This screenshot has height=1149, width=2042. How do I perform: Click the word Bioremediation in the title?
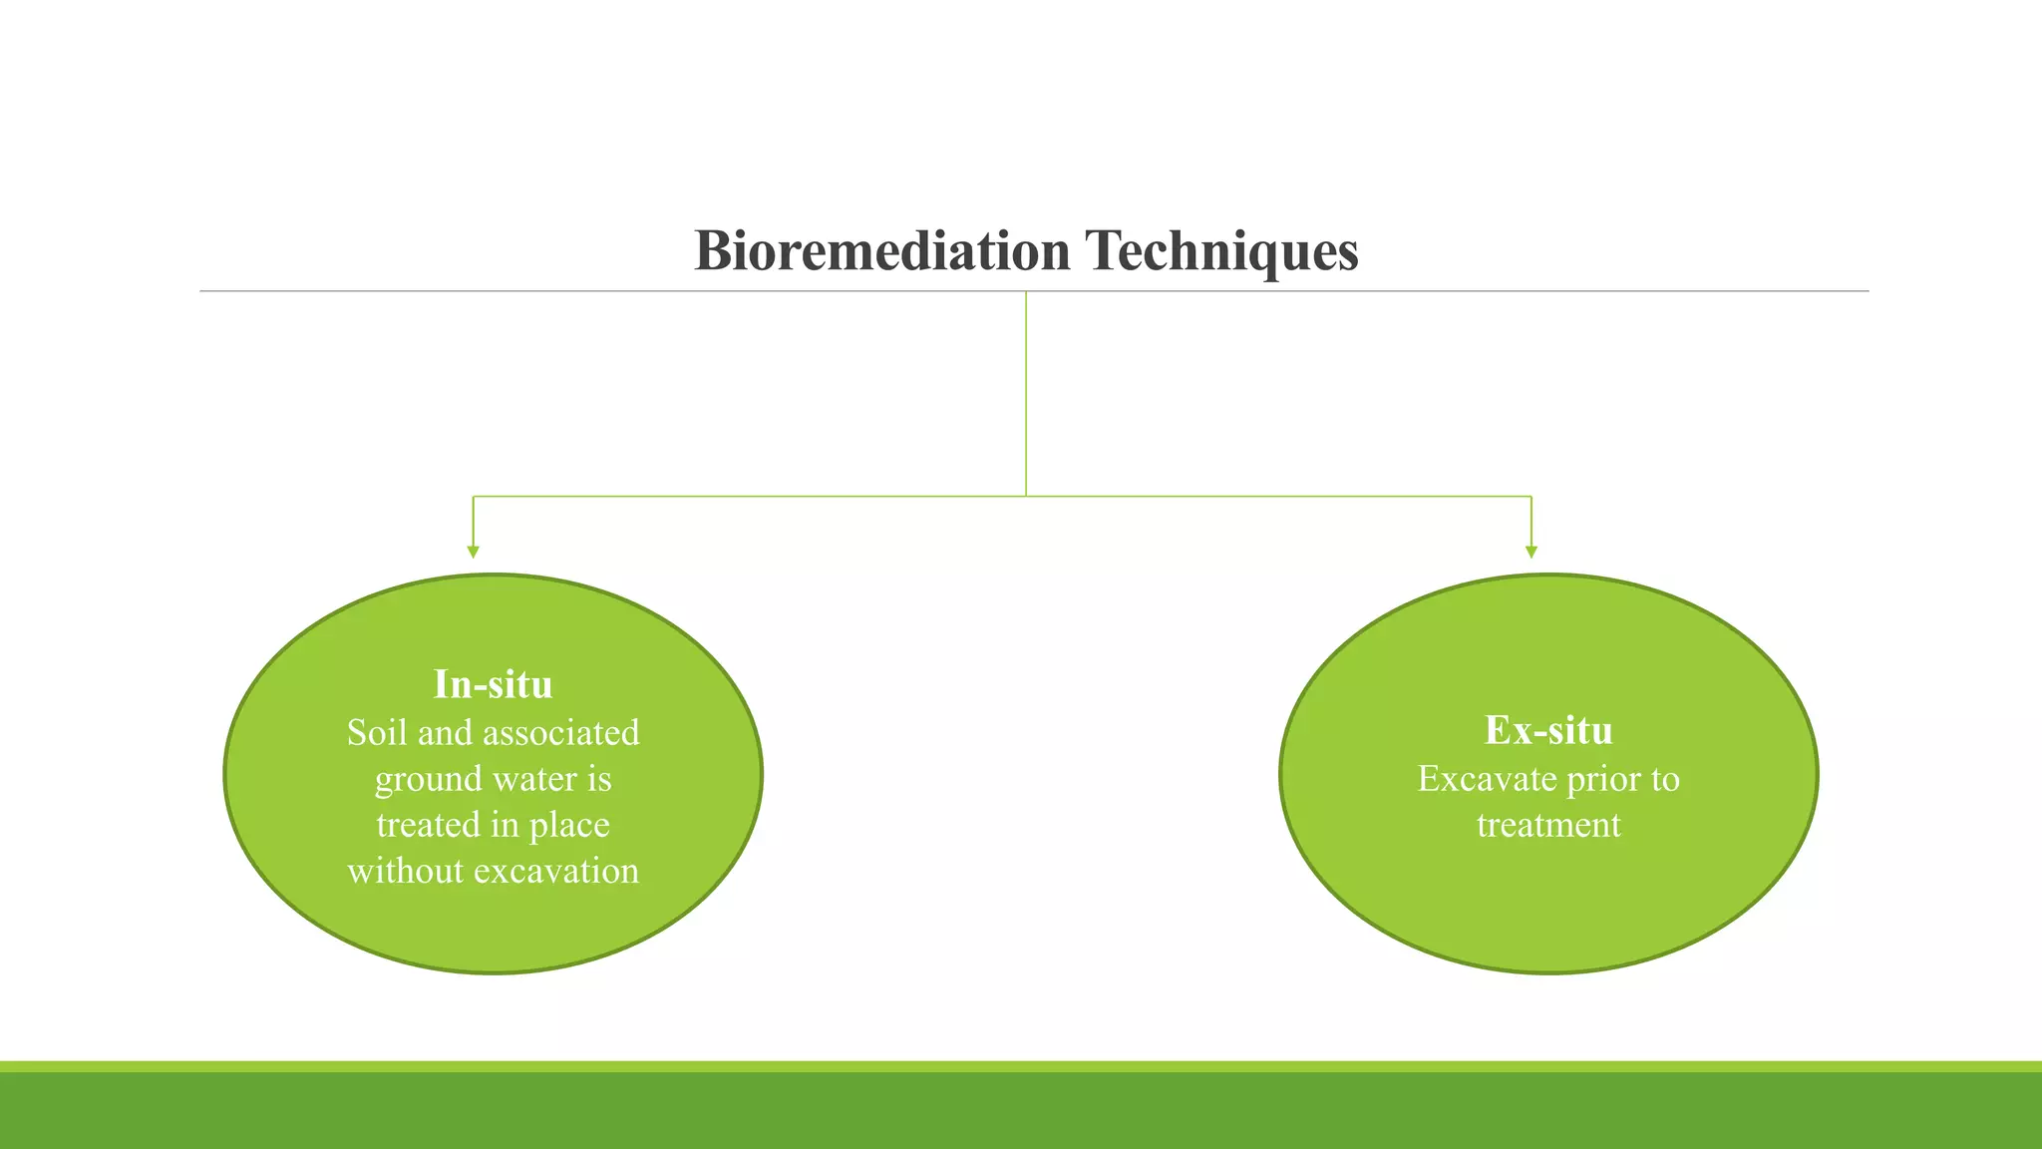point(881,250)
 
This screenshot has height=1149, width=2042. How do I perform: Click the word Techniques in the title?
point(1221,250)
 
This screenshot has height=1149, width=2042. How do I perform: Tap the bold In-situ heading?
point(493,684)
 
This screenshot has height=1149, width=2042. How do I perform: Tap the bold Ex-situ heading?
point(1548,730)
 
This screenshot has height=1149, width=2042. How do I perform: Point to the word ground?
point(428,779)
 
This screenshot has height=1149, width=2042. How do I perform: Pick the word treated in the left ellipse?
point(428,825)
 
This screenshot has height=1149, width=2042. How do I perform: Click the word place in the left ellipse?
point(569,826)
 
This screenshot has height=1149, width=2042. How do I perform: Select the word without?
point(406,871)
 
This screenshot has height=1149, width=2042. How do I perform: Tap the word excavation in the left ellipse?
point(556,871)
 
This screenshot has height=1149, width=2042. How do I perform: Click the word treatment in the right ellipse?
point(1548,825)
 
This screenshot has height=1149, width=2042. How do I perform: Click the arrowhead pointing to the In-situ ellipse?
point(474,552)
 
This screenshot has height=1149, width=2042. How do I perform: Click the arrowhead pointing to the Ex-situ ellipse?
point(1531,552)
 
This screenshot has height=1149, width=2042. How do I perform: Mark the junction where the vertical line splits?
point(1026,496)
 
